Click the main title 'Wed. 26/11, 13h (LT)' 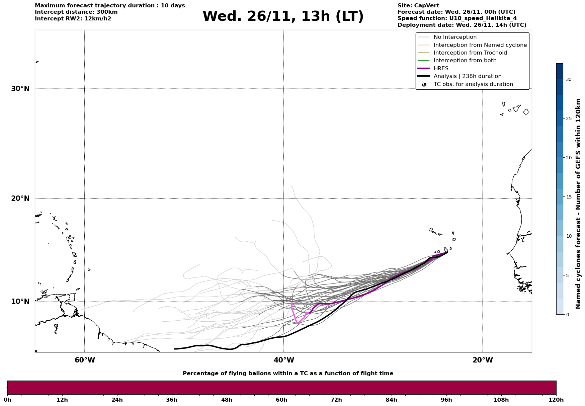tap(283, 16)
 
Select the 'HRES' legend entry tap(441, 69)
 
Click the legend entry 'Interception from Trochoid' tap(470, 53)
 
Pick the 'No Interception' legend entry tap(455, 37)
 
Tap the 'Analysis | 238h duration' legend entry tap(467, 76)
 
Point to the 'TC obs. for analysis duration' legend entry tap(473, 84)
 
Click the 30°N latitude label tap(20, 89)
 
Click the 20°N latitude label tap(20, 198)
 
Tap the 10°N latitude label tap(20, 302)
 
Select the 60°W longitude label tap(85, 360)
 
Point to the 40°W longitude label tap(284, 360)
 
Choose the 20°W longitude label tap(483, 360)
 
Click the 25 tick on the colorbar tap(569, 118)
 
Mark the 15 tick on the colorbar tap(569, 197)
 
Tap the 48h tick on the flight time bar tap(227, 400)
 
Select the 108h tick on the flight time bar tap(501, 400)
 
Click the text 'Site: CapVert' tap(418, 6)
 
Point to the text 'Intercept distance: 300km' tap(76, 12)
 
